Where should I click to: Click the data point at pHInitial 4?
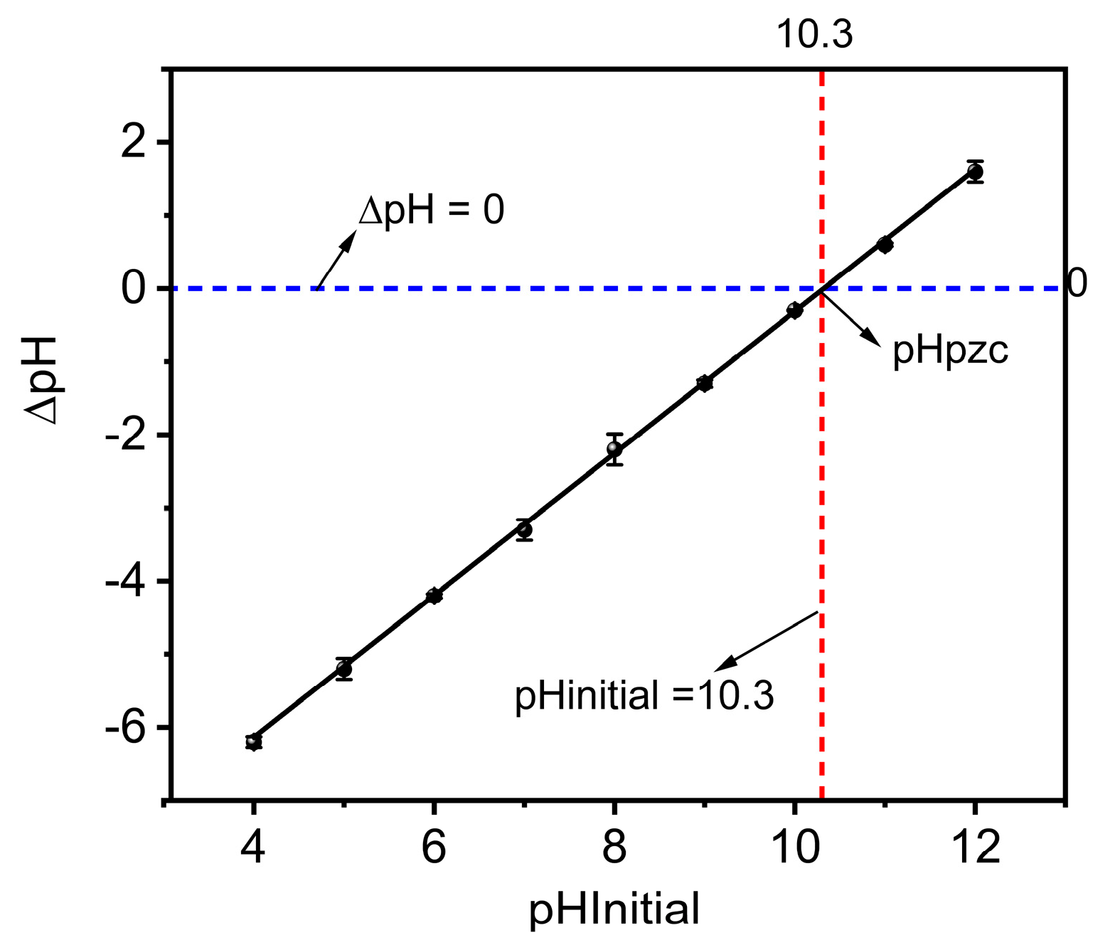(253, 741)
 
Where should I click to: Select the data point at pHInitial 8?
(614, 449)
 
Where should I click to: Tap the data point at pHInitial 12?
(975, 171)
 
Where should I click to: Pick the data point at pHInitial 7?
(525, 529)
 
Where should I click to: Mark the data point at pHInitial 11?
(885, 245)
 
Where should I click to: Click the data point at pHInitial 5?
(344, 669)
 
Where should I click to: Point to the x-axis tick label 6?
(434, 847)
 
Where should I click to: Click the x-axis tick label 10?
(794, 847)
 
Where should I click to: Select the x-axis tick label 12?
(975, 847)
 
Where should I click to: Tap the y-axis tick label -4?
(126, 581)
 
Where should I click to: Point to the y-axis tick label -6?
(126, 728)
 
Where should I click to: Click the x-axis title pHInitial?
(614, 909)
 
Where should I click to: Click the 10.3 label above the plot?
(814, 33)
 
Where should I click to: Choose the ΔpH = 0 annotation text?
(432, 211)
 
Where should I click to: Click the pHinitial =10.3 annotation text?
(644, 695)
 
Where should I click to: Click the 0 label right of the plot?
(1077, 283)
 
